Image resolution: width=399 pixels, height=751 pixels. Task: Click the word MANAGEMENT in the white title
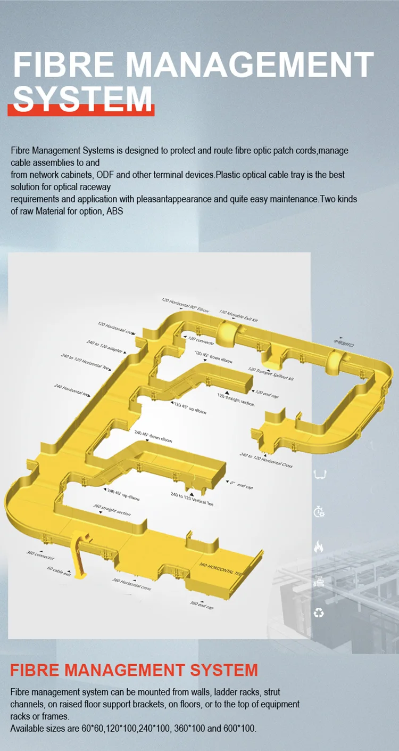pos(250,64)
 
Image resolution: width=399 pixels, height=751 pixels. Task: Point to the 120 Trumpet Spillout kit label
pos(271,373)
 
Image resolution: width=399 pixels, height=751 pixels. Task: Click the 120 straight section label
pos(236,401)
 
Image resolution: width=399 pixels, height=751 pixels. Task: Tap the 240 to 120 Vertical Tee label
pos(192,499)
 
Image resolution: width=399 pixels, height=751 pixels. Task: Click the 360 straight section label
pos(112,510)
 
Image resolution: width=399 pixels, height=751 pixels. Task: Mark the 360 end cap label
pos(202,605)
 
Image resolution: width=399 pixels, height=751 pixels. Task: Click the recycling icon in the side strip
pos(319,613)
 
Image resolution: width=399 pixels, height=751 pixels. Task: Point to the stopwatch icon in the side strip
pos(319,512)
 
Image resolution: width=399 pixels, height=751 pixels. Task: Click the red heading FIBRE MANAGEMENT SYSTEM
pos(134,670)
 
